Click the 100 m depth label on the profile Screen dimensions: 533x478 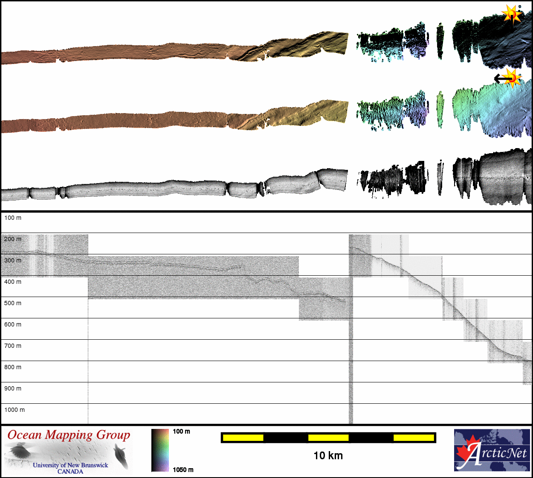(13, 218)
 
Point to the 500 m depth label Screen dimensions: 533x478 (13, 303)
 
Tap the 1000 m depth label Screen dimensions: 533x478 (14, 410)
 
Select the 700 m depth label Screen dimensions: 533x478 (13, 346)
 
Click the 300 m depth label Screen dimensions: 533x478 (13, 260)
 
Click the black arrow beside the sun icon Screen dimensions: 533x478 (503, 79)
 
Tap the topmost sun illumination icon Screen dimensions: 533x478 (512, 14)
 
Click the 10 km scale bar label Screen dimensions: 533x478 (328, 456)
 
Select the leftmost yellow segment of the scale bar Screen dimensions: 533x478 (243, 438)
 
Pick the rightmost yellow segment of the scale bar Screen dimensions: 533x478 (414, 438)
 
